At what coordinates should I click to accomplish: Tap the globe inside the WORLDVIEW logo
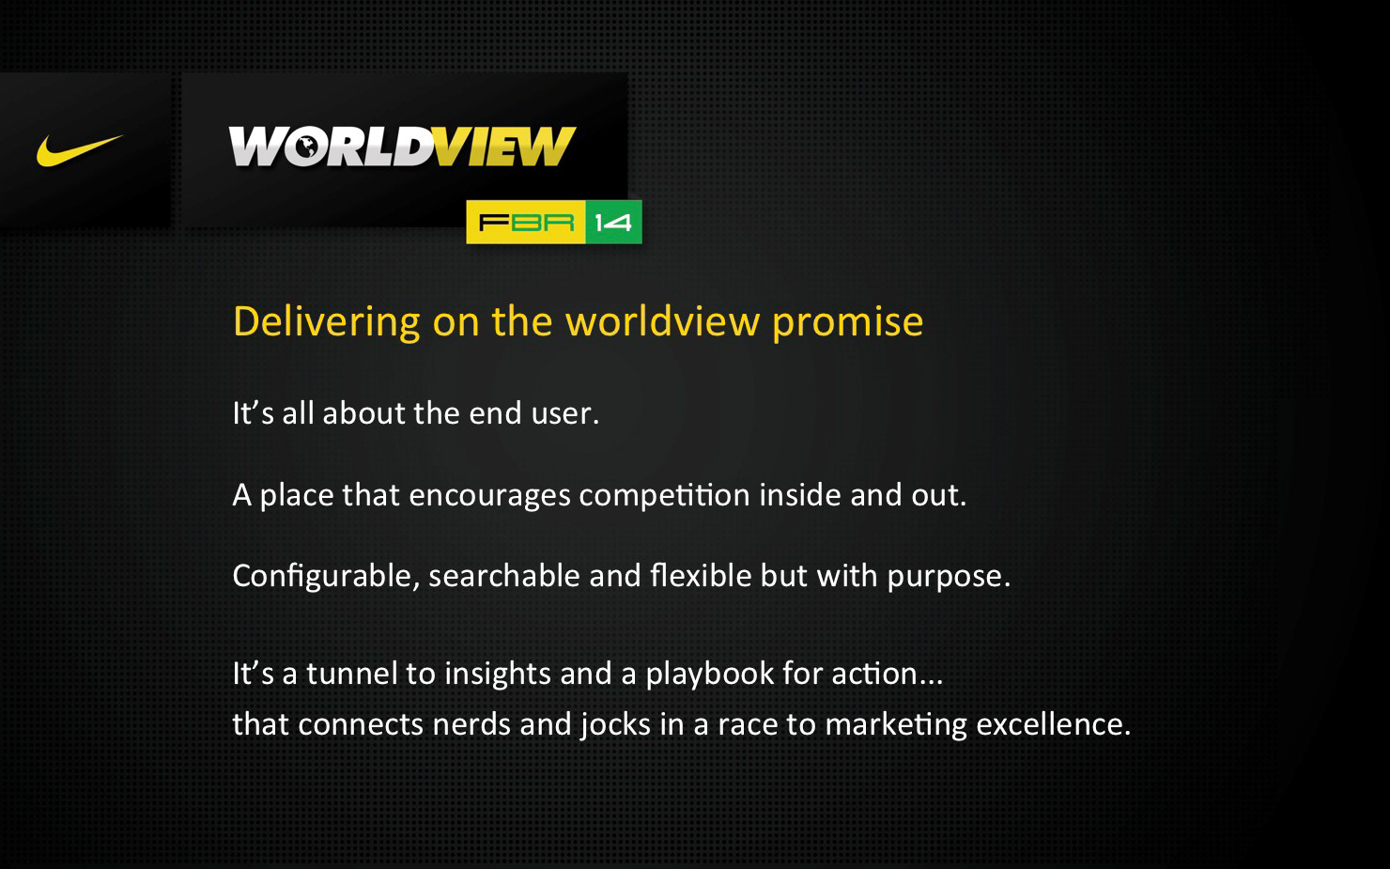tap(304, 147)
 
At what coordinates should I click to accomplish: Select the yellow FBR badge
tap(526, 223)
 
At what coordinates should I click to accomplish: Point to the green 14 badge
tap(613, 223)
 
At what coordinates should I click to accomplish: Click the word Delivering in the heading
tap(327, 323)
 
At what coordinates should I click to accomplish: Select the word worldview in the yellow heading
tap(663, 321)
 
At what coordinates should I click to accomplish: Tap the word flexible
tap(701, 575)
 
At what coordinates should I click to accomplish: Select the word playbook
tap(710, 675)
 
